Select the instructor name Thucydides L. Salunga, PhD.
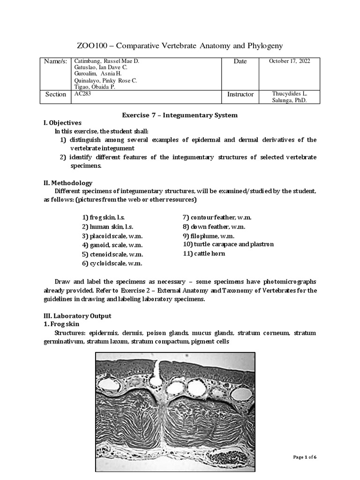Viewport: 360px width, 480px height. point(289,97)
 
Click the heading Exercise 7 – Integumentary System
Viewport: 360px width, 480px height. point(180,115)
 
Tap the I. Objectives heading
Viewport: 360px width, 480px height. point(62,123)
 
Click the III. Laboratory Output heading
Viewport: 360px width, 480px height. point(77,316)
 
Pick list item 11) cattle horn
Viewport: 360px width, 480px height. point(204,254)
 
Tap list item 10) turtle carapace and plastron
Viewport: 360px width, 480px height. point(228,244)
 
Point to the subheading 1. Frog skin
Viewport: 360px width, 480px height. point(61,324)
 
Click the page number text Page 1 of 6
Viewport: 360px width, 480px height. point(305,457)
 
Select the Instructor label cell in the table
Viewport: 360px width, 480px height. point(240,94)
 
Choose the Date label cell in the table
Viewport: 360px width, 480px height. point(240,61)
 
